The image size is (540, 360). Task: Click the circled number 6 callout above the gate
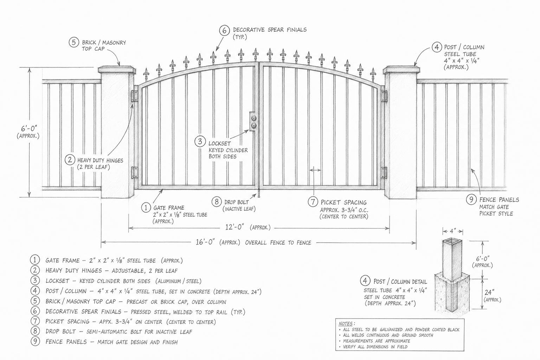(x=224, y=31)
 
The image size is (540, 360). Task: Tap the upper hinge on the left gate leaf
(x=135, y=96)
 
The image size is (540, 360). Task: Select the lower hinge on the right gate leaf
(x=384, y=172)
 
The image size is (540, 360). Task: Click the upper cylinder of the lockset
(x=254, y=118)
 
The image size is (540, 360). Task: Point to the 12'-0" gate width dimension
(x=234, y=227)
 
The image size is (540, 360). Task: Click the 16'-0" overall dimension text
(x=205, y=242)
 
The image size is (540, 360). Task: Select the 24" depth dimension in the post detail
(x=490, y=292)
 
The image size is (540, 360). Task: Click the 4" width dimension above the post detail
(x=452, y=231)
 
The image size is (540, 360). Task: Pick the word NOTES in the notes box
(x=346, y=323)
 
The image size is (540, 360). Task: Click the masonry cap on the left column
(x=117, y=70)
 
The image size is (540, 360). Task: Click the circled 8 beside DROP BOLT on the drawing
(x=217, y=201)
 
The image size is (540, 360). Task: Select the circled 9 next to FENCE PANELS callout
(x=471, y=199)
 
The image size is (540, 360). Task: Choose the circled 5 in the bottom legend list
(x=35, y=301)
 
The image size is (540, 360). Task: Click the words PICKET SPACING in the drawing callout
(x=343, y=202)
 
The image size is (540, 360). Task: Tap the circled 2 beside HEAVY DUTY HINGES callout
(x=70, y=160)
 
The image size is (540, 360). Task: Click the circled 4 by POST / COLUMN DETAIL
(x=365, y=281)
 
